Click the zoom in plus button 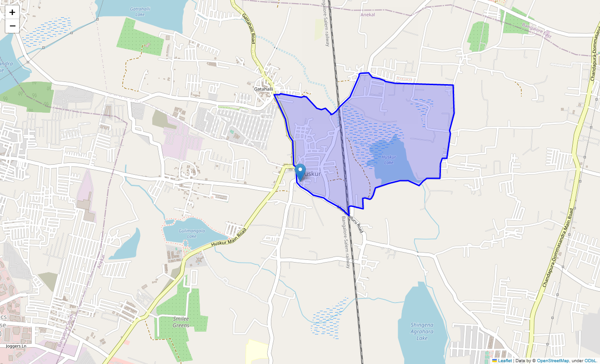click(12, 12)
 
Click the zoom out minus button click(12, 26)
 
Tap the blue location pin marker click(300, 172)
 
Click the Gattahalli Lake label click(137, 11)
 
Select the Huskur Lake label click(389, 160)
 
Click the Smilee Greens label click(181, 322)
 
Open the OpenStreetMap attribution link click(553, 360)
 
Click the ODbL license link click(590, 360)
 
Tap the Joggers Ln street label click(16, 346)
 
